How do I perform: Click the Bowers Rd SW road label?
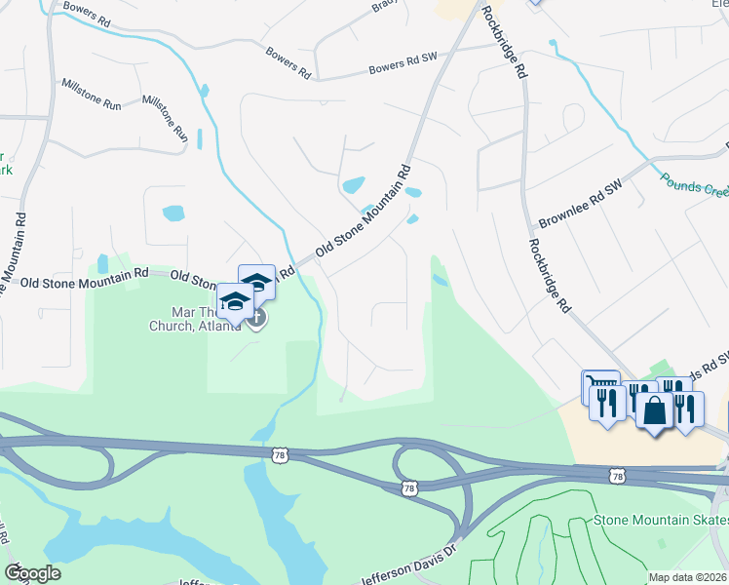click(x=402, y=63)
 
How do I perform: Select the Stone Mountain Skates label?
click(x=661, y=521)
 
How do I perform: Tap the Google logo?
click(x=32, y=573)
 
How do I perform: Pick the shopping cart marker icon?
click(x=598, y=386)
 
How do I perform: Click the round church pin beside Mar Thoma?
click(x=256, y=318)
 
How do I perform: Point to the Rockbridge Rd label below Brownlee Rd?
click(x=550, y=276)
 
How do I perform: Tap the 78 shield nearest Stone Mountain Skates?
click(x=615, y=475)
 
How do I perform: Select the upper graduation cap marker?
click(x=256, y=282)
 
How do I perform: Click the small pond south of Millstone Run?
click(x=173, y=213)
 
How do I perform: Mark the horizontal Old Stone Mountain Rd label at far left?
click(x=73, y=280)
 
